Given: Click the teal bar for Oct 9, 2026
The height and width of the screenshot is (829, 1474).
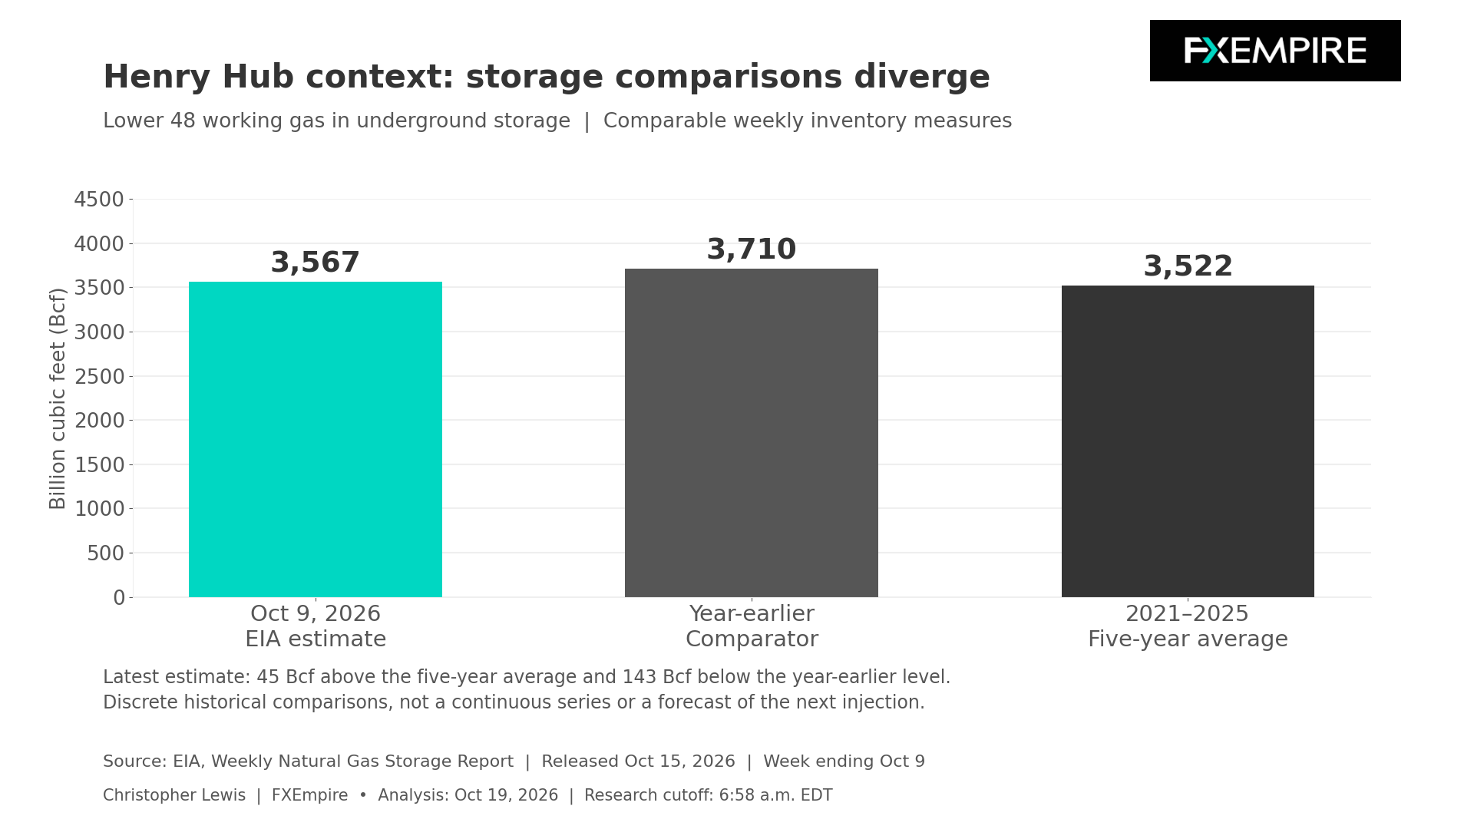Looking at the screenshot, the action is click(316, 439).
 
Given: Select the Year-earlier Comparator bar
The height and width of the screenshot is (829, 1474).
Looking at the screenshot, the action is click(752, 433).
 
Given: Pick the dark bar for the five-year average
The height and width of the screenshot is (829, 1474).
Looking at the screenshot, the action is click(1188, 441).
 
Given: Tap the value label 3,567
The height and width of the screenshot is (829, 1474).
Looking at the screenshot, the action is click(316, 263).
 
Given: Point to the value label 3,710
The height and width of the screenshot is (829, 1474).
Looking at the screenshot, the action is click(752, 250).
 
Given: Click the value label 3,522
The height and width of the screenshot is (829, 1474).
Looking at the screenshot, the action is click(1188, 267).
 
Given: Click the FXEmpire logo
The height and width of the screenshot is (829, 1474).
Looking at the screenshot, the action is click(1275, 51).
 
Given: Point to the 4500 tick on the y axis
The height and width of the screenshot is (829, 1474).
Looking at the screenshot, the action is click(99, 200).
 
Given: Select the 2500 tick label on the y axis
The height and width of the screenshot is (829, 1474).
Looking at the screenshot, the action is click(99, 377).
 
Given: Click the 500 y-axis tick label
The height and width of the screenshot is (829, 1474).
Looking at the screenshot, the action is click(105, 553).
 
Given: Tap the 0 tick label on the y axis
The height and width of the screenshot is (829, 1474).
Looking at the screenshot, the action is click(118, 598).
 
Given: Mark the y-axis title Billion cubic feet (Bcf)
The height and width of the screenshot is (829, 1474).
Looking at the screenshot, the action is click(58, 398).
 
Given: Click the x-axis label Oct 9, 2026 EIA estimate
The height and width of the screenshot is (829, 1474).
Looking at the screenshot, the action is click(316, 626).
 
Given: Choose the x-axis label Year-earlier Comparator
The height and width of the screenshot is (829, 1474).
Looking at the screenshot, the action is click(752, 626).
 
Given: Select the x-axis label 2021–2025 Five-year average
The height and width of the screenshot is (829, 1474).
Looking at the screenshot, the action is click(1188, 626).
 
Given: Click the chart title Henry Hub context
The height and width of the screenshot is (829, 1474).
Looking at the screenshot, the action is click(547, 78).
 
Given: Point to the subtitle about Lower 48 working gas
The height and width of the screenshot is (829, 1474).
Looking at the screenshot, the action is click(557, 121).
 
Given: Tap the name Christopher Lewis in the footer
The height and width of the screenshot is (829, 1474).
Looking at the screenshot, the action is click(174, 795).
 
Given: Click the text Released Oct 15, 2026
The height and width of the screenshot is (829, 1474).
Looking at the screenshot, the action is click(638, 761).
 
